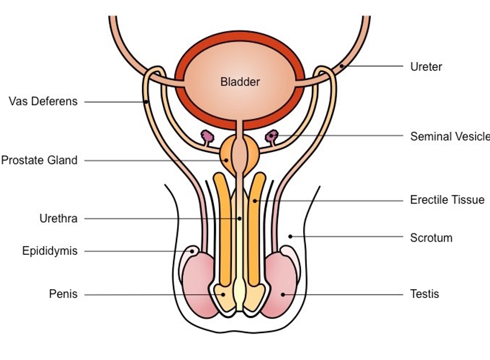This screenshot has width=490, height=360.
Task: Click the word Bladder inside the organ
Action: tap(240, 82)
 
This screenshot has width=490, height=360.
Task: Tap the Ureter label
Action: tap(426, 67)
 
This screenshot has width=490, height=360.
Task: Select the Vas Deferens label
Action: tap(43, 102)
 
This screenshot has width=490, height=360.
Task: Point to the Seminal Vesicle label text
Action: tap(449, 136)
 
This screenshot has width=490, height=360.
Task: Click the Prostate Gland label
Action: tap(39, 160)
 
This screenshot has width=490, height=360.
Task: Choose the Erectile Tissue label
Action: tap(447, 200)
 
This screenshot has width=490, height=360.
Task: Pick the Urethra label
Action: tap(58, 219)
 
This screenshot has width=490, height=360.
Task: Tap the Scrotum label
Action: tap(431, 238)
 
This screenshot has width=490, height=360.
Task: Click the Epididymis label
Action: tap(49, 251)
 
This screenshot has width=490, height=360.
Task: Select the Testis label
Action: tap(424, 294)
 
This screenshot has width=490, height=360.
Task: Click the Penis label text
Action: tap(63, 294)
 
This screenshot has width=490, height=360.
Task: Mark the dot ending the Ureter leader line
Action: tap(341, 66)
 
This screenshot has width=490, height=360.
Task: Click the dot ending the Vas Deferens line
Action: tap(146, 102)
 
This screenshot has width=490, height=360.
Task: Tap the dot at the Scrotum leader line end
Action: tap(290, 236)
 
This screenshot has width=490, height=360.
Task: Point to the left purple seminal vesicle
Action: tap(206, 137)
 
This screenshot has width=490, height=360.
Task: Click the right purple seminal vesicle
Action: tap(271, 136)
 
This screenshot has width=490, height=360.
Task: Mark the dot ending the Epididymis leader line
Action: tap(192, 251)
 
